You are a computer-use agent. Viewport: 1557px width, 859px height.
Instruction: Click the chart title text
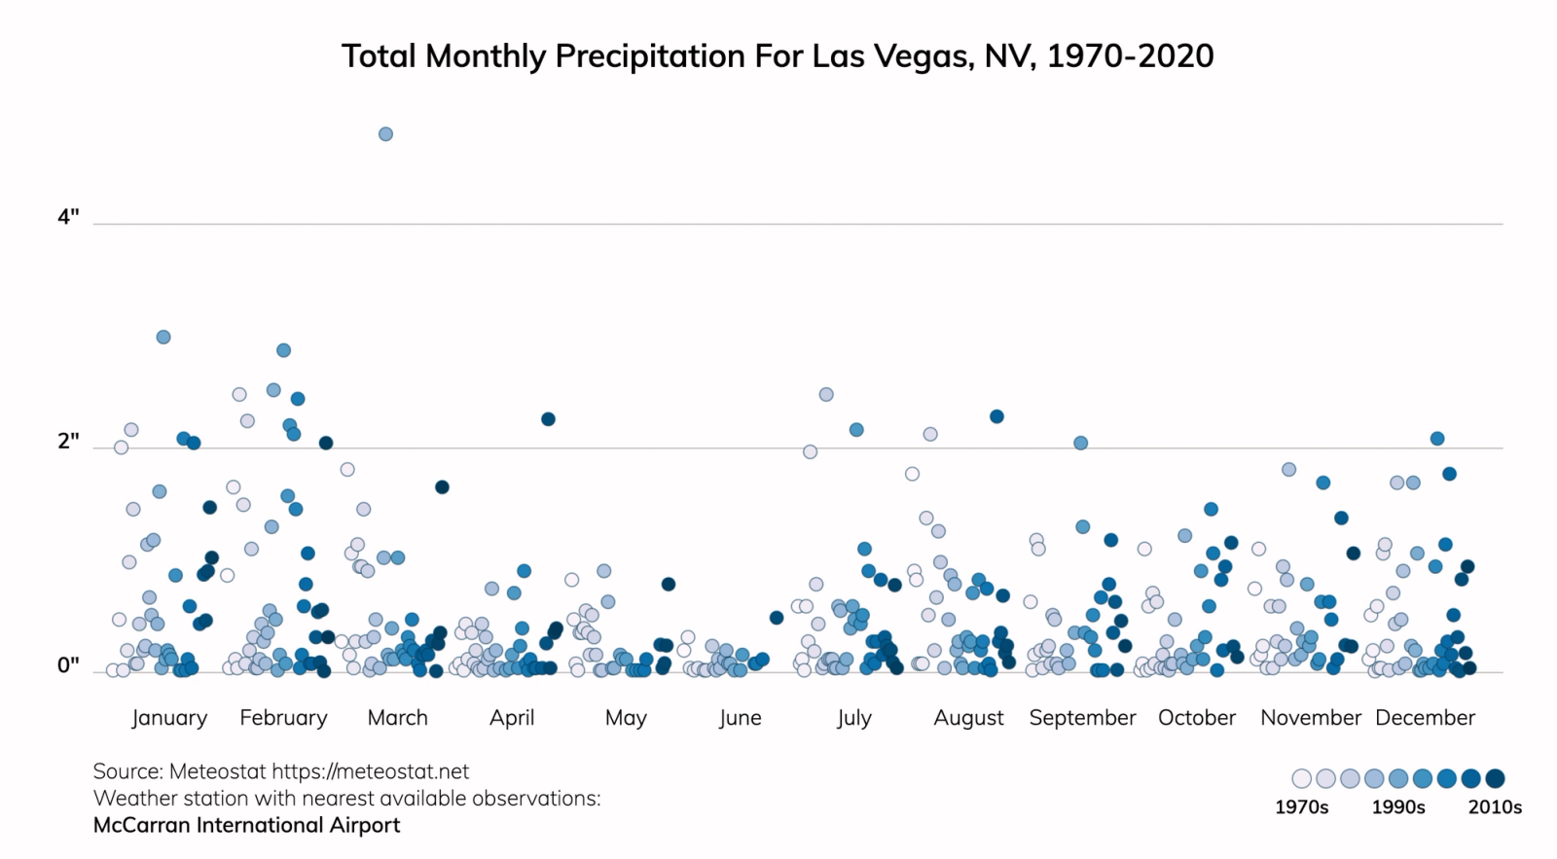pos(778,56)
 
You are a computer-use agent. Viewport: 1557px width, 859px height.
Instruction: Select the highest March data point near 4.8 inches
pos(385,134)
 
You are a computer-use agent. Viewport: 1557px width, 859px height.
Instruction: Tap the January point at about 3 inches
pos(163,337)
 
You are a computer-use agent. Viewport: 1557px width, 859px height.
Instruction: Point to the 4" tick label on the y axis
pos(68,217)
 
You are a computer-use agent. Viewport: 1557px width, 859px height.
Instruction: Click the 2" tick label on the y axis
pos(68,441)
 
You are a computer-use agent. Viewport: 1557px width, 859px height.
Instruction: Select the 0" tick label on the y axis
pos(68,665)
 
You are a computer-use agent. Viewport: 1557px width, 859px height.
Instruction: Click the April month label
pos(512,718)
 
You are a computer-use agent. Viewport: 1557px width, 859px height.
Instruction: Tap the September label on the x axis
pos(1082,718)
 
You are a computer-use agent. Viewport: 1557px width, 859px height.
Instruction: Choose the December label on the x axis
pos(1425,718)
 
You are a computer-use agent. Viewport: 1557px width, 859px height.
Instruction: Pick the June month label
pos(740,718)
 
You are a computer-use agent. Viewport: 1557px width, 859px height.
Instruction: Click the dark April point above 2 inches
pos(548,419)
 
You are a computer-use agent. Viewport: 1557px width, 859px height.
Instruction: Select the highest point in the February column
pos(283,350)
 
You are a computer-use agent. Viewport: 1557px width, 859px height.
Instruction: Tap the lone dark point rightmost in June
pos(777,618)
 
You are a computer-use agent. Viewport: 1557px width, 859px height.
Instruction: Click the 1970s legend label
pos(1301,807)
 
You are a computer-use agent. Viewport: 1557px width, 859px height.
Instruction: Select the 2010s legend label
pos(1495,807)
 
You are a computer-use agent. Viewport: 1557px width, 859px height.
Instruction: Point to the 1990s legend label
pos(1398,807)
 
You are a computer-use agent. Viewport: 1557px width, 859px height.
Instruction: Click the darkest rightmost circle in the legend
pos(1496,778)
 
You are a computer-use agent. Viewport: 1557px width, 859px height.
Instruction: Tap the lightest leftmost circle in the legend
pos(1301,778)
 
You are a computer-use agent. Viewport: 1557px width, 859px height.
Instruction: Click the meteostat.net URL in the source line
pos(370,771)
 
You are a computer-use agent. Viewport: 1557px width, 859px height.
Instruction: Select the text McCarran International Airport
pos(246,825)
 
